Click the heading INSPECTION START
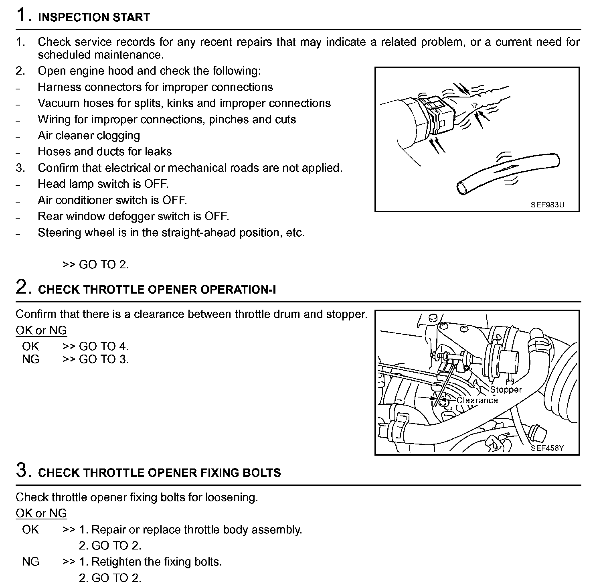pyautogui.click(x=94, y=17)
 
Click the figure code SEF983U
pyautogui.click(x=547, y=205)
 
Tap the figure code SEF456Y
pyautogui.click(x=547, y=448)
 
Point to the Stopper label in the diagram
pyautogui.click(x=506, y=389)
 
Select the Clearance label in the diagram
pyautogui.click(x=477, y=400)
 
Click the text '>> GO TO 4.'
pyautogui.click(x=95, y=346)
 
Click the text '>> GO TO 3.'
pyautogui.click(x=95, y=359)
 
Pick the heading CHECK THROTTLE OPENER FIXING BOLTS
pyautogui.click(x=160, y=472)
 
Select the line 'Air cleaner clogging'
pyautogui.click(x=89, y=136)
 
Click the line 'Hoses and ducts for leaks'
pyautogui.click(x=105, y=152)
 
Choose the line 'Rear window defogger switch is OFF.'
pyautogui.click(x=133, y=217)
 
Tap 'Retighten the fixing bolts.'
pyautogui.click(x=157, y=562)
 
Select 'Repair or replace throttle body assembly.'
pyautogui.click(x=196, y=529)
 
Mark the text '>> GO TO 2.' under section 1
pyautogui.click(x=95, y=265)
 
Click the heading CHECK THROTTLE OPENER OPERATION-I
pyautogui.click(x=157, y=290)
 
